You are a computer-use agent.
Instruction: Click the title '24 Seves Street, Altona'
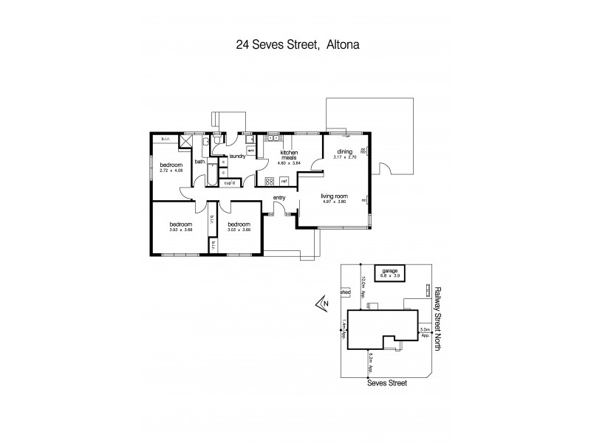point(295,44)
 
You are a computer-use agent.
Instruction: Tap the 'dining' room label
point(345,151)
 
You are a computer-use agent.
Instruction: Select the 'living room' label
point(334,196)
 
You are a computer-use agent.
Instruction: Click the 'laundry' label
point(237,156)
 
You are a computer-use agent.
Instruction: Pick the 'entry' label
point(279,197)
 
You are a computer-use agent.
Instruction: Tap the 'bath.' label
point(199,161)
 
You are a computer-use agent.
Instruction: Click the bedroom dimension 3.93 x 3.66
point(180,229)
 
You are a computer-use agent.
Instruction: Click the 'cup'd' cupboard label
point(230,182)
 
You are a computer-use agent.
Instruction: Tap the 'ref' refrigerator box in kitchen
point(284,180)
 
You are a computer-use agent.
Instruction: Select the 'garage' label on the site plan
point(389,271)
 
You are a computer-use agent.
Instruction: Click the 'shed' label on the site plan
point(344,292)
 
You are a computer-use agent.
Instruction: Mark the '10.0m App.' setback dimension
point(363,285)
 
